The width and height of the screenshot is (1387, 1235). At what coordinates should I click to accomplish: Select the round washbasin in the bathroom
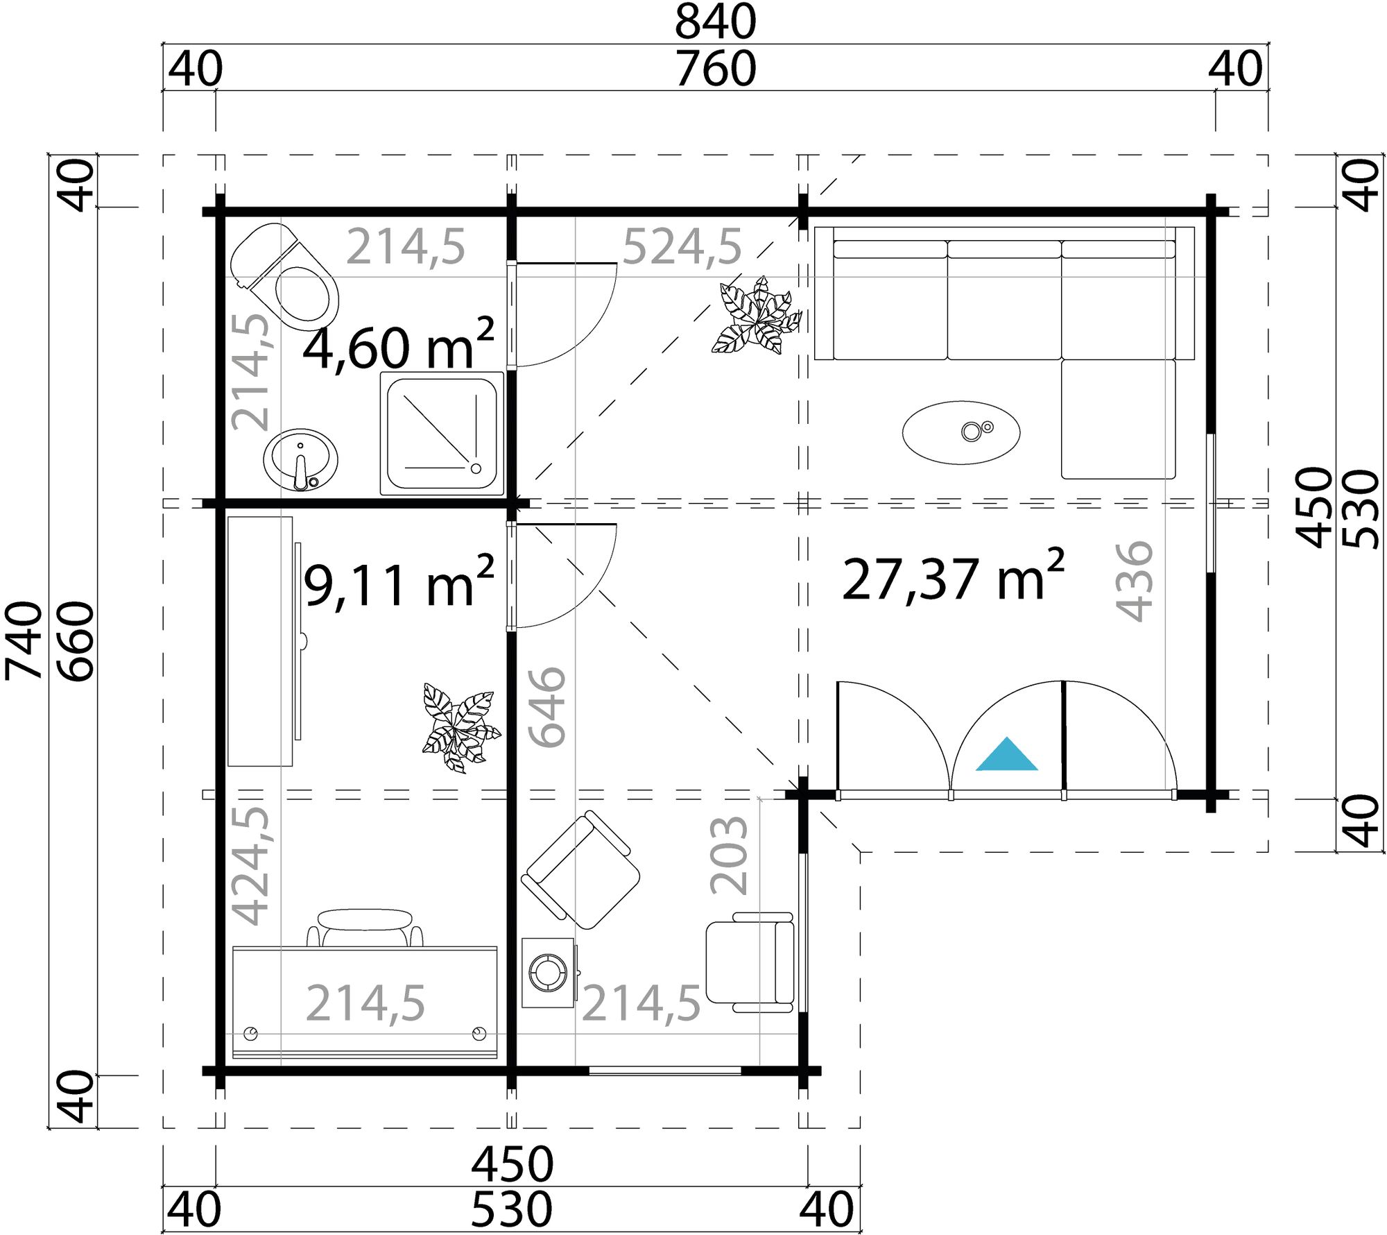point(300,460)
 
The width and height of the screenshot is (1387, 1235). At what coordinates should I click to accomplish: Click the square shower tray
point(442,434)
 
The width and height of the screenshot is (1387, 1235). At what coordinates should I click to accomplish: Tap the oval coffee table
point(960,432)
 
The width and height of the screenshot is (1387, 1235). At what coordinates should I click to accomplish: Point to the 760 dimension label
point(715,69)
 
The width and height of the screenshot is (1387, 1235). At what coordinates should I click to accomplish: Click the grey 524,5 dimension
point(682,247)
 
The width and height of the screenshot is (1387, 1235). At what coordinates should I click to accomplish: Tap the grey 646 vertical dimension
point(547,707)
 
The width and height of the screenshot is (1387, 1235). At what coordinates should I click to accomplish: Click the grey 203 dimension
point(729,855)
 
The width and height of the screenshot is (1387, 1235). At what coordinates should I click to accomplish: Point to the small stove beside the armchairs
point(548,973)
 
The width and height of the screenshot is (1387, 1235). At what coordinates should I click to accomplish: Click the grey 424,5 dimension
point(249,865)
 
